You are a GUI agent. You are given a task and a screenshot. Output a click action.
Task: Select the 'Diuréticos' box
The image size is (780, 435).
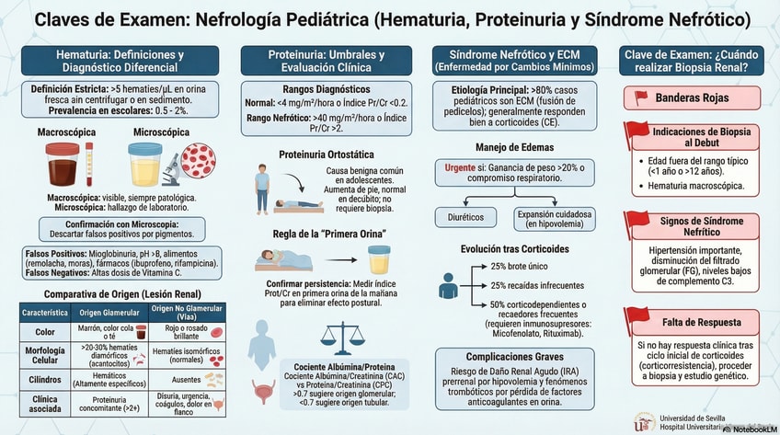[464, 217]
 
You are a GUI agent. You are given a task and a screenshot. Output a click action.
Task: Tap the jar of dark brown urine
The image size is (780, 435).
[61, 165]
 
